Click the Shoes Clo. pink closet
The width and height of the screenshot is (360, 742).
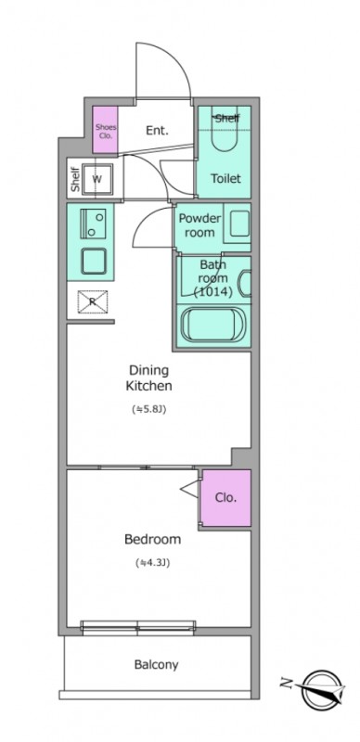(x=105, y=130)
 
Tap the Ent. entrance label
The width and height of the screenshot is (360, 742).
(x=157, y=131)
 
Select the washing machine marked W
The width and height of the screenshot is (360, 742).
(x=97, y=179)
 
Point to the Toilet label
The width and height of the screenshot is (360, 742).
(x=225, y=178)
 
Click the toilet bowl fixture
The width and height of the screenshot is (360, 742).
(x=225, y=133)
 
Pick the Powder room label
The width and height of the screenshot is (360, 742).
(x=199, y=225)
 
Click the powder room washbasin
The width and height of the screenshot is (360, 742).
(x=239, y=224)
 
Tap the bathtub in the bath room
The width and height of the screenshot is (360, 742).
(x=213, y=325)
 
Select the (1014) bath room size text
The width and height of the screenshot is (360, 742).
(x=212, y=292)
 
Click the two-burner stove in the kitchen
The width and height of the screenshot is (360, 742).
(x=93, y=224)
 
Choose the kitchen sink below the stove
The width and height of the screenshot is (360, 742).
(x=93, y=261)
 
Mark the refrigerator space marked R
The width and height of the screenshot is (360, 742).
(x=93, y=301)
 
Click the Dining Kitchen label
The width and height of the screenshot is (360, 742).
(x=148, y=377)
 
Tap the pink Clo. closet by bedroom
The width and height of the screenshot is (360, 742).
(x=226, y=498)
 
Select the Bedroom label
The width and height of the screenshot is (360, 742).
(x=152, y=539)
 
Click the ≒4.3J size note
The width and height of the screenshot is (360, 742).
(x=152, y=563)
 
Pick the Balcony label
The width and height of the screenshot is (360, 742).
(x=156, y=664)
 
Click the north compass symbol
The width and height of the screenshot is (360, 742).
(x=320, y=689)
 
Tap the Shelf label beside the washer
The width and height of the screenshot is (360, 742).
(x=75, y=179)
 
